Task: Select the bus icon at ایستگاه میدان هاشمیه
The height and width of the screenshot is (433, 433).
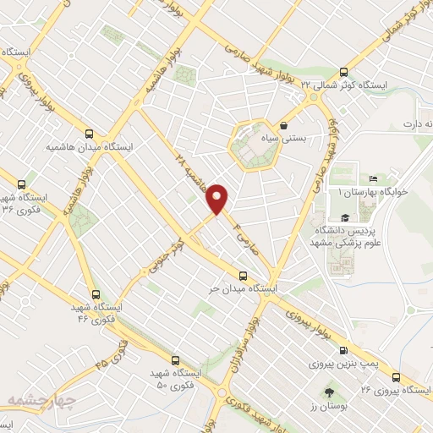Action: [x=90, y=133]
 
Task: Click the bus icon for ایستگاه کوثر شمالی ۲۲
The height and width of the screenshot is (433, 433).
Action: [x=343, y=73]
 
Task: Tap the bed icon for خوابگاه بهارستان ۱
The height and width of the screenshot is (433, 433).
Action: [x=371, y=180]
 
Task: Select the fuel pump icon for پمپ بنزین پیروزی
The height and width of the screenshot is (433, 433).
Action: [x=343, y=350]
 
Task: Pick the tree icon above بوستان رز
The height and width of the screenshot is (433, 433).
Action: [x=329, y=392]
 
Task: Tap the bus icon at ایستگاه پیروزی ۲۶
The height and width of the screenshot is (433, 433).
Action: [x=397, y=377]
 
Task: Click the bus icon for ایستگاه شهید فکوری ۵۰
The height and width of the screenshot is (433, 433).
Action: [x=173, y=359]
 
